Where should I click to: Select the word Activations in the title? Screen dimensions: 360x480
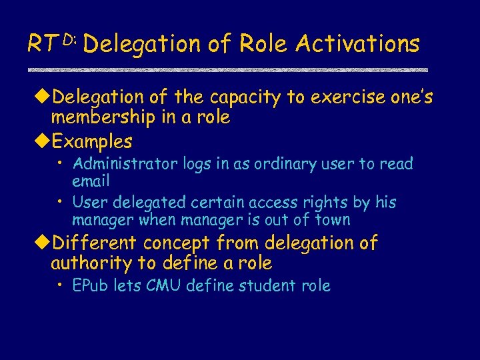tap(357, 44)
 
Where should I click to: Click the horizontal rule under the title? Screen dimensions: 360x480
tap(227, 69)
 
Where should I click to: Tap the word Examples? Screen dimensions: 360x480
tap(92, 141)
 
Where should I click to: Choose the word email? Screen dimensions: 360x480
tap(91, 181)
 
